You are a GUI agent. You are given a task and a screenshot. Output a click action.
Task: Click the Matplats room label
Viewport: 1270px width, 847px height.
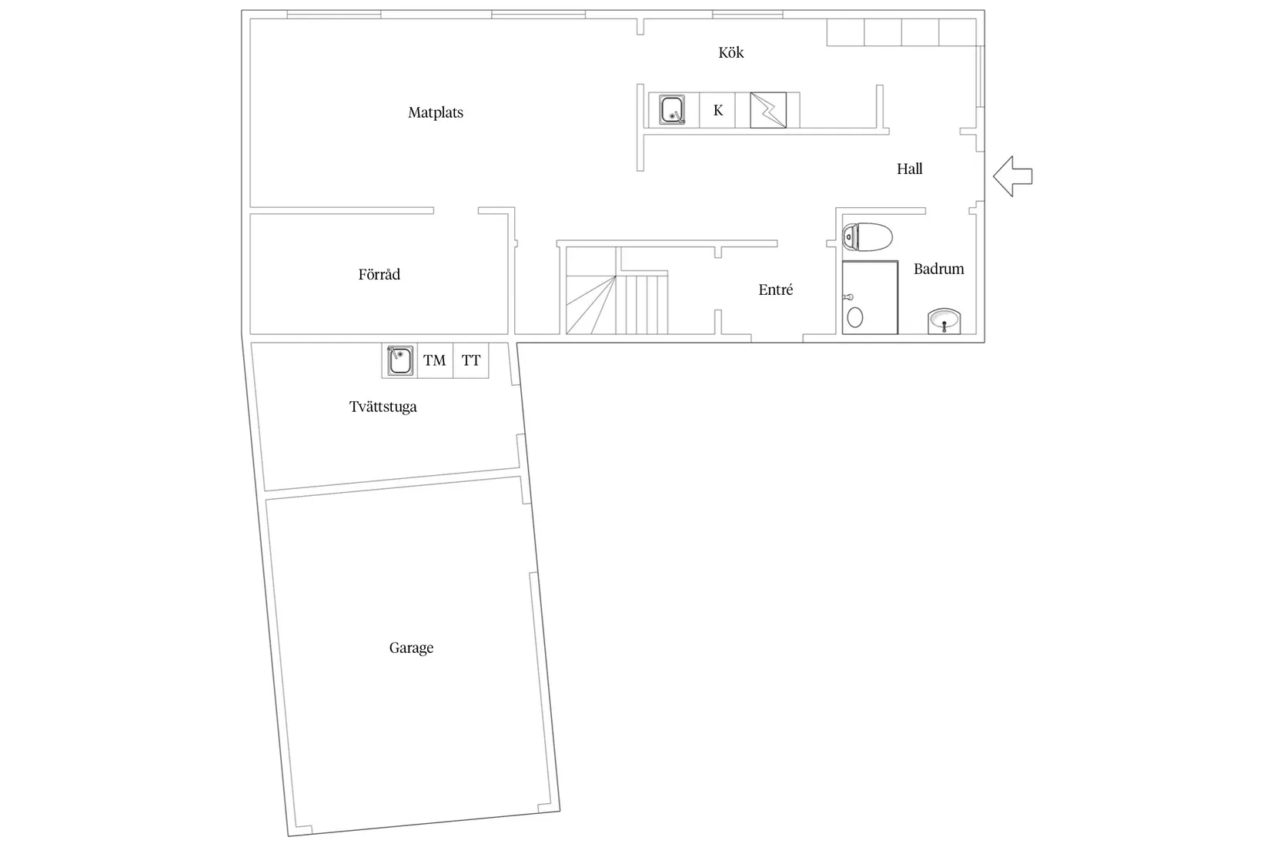tap(436, 112)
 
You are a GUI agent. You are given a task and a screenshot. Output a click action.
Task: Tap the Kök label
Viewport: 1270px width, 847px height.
tap(730, 52)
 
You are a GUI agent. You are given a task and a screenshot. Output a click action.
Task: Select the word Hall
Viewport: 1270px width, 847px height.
tap(910, 169)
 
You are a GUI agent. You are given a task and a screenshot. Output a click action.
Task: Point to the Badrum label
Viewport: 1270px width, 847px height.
tap(938, 268)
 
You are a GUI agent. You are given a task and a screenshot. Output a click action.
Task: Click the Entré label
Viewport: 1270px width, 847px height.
tap(776, 290)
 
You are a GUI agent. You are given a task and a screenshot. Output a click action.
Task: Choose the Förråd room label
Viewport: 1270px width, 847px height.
tap(379, 274)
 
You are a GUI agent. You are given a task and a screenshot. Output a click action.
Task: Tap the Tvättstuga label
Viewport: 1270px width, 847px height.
tap(383, 407)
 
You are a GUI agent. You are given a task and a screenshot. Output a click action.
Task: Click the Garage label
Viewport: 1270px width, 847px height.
tap(411, 648)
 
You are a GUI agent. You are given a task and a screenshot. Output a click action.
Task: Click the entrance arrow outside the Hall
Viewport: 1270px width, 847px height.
tap(1013, 176)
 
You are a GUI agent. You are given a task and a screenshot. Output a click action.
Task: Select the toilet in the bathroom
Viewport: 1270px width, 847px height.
tap(867, 236)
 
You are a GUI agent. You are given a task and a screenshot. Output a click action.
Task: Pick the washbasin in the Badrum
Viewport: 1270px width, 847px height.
tap(944, 321)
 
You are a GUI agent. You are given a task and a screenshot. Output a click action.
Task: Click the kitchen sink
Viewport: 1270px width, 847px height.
tap(672, 109)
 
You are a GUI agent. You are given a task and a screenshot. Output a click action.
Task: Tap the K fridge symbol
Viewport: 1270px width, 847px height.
tap(718, 110)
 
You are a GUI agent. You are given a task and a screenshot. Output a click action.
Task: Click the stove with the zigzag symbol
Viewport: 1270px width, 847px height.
tap(768, 110)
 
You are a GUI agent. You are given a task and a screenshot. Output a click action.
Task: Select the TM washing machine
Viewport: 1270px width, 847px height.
tap(435, 360)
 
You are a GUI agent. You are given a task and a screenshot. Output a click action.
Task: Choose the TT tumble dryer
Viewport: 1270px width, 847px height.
tap(471, 360)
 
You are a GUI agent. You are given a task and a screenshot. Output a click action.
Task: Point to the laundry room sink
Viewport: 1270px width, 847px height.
tap(399, 360)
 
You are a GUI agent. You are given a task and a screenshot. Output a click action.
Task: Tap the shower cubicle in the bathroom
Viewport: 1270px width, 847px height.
tap(870, 297)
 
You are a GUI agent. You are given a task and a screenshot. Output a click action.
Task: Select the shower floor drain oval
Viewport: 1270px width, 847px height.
tap(855, 317)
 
